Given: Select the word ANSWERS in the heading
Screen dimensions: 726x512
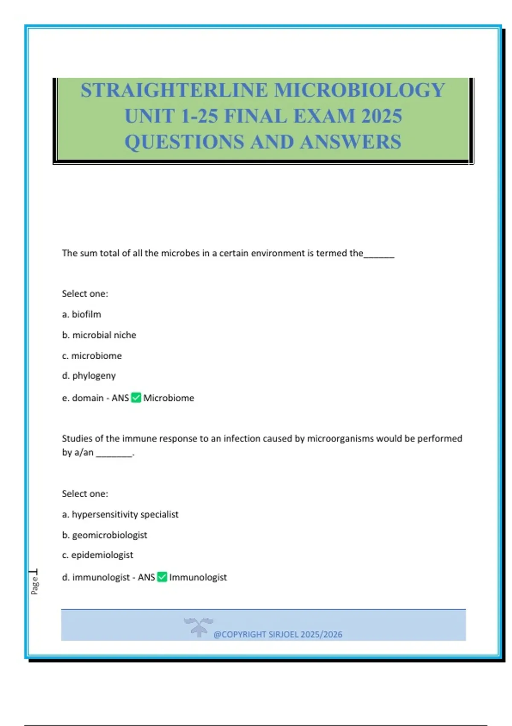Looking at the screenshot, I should (x=350, y=142).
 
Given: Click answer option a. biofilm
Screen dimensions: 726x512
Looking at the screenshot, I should (x=81, y=314).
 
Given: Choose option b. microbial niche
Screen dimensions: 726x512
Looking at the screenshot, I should (x=99, y=335).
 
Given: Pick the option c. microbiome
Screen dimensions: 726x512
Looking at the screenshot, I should (x=92, y=356).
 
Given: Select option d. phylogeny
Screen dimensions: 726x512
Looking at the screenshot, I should (x=89, y=376).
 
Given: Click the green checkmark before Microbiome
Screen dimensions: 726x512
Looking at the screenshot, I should (x=136, y=398).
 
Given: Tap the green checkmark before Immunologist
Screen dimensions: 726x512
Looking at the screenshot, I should (x=162, y=577).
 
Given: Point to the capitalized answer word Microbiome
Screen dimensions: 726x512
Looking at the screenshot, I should (x=169, y=398).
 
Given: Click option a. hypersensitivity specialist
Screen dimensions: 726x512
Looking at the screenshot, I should (x=120, y=515).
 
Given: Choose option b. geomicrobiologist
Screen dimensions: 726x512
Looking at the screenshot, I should (x=105, y=535).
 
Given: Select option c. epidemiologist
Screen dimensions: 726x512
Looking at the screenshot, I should (x=98, y=555).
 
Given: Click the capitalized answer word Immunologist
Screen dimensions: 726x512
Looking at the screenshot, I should (x=198, y=577).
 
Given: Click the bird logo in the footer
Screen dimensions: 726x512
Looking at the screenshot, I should (x=198, y=627).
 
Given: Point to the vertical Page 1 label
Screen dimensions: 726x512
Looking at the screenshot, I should (x=34, y=582).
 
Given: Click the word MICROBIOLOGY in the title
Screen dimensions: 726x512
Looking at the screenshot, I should (x=360, y=90).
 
